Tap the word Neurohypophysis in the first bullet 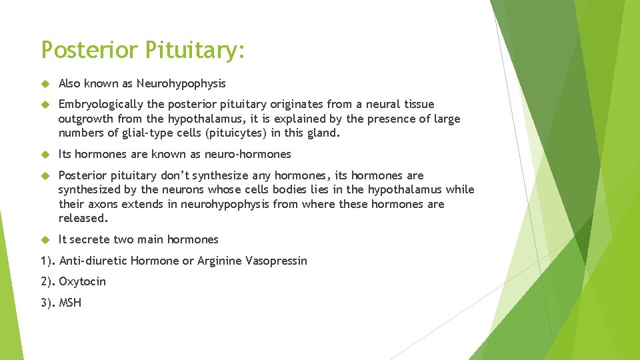[181, 83]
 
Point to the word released [83, 218]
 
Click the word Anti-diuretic [93, 261]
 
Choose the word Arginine [219, 261]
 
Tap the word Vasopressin [276, 261]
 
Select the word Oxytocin [82, 281]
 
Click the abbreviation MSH [70, 303]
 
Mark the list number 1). [47, 261]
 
